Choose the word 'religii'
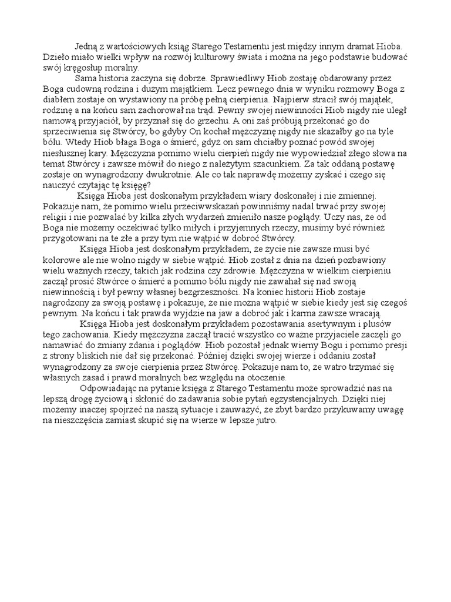(55, 217)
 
